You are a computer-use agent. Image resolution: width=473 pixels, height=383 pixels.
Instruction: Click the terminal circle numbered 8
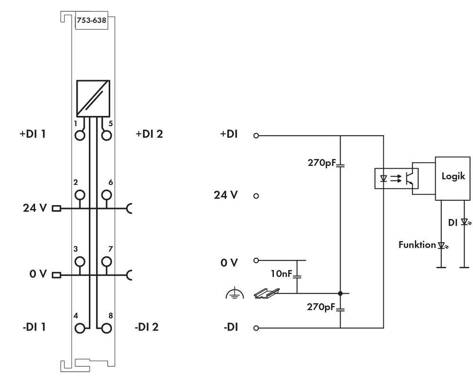pos(107,327)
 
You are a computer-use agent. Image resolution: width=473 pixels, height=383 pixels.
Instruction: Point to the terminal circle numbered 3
pos(80,261)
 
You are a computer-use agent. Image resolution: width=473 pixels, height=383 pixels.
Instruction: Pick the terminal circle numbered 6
pos(107,194)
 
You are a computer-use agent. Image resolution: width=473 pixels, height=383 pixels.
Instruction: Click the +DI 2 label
pos(149,134)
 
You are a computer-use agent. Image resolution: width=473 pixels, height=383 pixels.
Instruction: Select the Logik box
pos(453,178)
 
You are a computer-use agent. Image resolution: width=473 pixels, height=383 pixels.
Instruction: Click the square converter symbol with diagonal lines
pos(93,98)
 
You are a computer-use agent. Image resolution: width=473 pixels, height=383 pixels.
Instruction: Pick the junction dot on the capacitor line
pos(340,294)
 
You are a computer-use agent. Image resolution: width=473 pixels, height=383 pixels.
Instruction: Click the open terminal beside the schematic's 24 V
pos(256,195)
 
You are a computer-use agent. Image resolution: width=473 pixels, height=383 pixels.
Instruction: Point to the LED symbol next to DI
pos(464,221)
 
